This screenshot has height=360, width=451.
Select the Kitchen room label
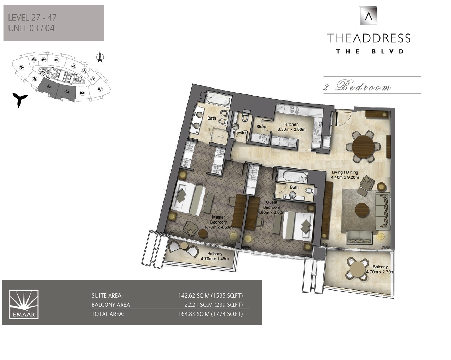pyautogui.click(x=291, y=124)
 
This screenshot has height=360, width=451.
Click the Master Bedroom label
pyautogui.click(x=218, y=220)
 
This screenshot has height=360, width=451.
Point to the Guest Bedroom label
pyautogui.click(x=271, y=205)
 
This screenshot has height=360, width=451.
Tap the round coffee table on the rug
pyautogui.click(x=362, y=210)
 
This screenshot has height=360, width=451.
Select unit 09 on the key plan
pyautogui.click(x=57, y=60)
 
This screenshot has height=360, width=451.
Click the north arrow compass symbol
pyautogui.click(x=100, y=57)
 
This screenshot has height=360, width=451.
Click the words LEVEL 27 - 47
pyautogui.click(x=32, y=17)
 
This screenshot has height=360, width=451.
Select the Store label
pyautogui.click(x=261, y=127)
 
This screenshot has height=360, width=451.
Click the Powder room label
pyautogui.click(x=240, y=133)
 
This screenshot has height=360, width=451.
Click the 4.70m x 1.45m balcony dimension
pyautogui.click(x=215, y=258)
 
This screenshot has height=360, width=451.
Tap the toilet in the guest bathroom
pyautogui.click(x=309, y=191)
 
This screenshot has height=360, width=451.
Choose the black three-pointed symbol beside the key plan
pyautogui.click(x=19, y=99)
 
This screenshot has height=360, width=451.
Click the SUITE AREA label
pyautogui.click(x=107, y=296)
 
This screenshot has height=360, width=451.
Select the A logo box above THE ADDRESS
pyautogui.click(x=368, y=16)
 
